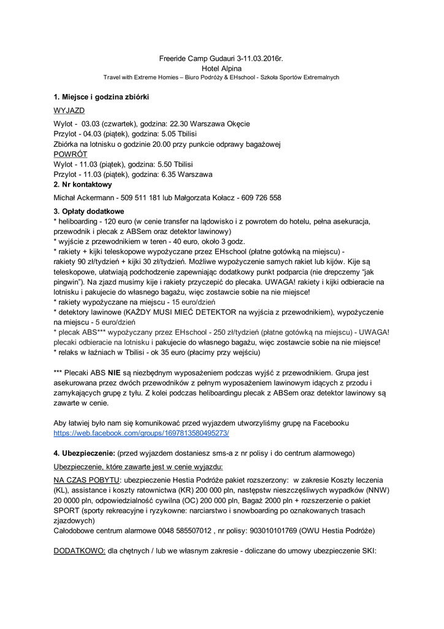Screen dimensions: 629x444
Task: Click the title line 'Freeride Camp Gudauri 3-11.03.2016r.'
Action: coord(221,58)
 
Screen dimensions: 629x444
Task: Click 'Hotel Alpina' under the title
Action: coord(221,68)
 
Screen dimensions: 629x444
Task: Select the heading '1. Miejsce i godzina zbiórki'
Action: coord(101,97)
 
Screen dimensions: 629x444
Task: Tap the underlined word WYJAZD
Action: coord(69,110)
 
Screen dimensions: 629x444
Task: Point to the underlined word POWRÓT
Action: coord(71,154)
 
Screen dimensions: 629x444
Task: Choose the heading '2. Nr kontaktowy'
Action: coord(83,184)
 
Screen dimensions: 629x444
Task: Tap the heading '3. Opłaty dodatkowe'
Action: coord(89,211)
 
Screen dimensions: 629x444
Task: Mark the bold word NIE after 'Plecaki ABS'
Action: coord(113,372)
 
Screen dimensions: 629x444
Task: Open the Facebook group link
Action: coord(142,432)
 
